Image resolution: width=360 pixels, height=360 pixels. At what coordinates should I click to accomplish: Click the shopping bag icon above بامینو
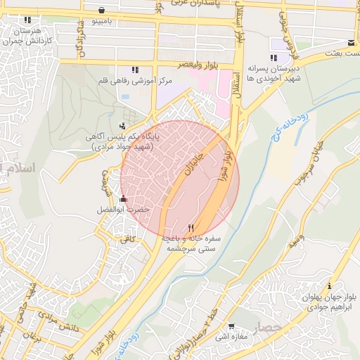pos(103,11)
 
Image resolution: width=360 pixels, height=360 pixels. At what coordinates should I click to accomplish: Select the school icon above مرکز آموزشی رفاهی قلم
pos(135,70)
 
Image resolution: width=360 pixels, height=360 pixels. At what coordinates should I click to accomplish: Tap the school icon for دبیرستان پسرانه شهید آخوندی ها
pos(273,58)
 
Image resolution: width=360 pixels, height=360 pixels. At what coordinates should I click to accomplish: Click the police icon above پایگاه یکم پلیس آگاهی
pos(124,126)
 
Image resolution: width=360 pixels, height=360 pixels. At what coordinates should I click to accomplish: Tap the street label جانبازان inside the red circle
pos(194,161)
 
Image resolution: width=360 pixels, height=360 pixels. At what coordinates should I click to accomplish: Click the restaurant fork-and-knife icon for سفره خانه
pos(191,228)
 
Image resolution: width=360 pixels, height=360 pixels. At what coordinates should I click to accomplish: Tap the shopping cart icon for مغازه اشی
pos(231,326)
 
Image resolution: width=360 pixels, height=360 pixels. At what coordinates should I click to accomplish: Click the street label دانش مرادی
pos(57,326)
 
